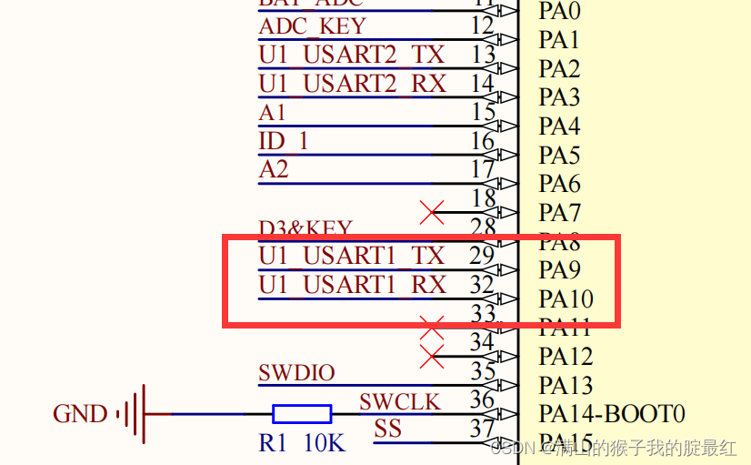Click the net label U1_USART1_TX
[x=352, y=256]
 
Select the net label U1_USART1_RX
[x=352, y=285]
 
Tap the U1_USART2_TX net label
[x=352, y=55]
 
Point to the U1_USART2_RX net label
[x=352, y=84]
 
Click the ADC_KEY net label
[x=312, y=25]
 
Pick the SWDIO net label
[x=296, y=372]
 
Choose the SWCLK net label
[x=399, y=401]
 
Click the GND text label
[x=80, y=414]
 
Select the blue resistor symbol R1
[x=302, y=414]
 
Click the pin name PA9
[x=560, y=270]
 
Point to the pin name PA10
[x=566, y=299]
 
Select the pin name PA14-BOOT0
[x=611, y=414]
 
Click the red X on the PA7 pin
[x=432, y=213]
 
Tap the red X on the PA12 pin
[x=432, y=356]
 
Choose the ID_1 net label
[x=284, y=141]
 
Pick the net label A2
[x=273, y=170]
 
